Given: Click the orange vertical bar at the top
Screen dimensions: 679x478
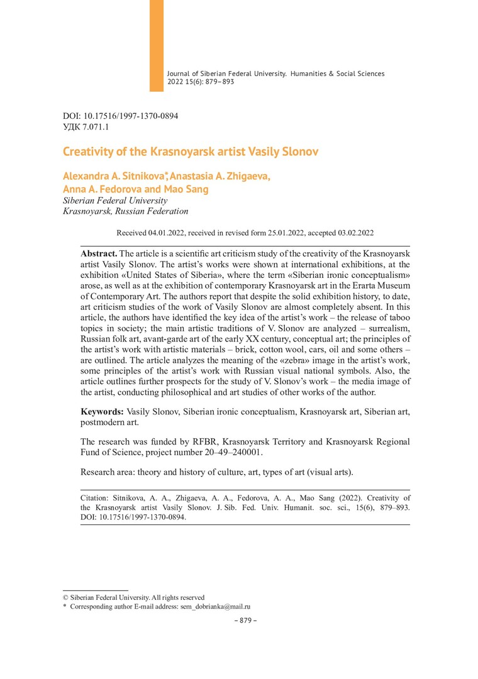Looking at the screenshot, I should coord(156,45).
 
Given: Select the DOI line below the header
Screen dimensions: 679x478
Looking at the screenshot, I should coord(121,116).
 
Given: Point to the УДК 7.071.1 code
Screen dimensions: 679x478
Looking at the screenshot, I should coord(86,126).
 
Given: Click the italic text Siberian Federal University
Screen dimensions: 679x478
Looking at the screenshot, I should coord(115,201).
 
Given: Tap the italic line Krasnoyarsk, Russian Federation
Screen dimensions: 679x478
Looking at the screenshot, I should coord(126,211).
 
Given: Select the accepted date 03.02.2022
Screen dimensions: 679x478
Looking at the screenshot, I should coord(354,233).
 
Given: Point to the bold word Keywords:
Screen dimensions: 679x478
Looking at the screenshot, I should coord(103,411).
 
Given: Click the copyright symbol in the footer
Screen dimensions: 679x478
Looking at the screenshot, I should coord(65,597).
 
